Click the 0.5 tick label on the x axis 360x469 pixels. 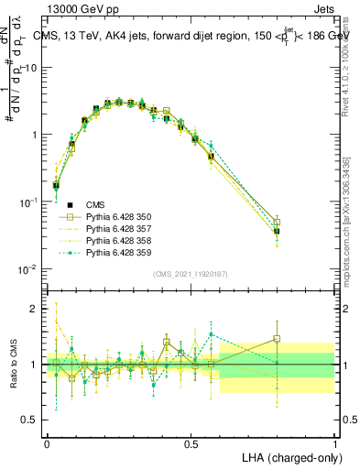[191, 442]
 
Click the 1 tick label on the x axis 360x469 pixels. [335, 442]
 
